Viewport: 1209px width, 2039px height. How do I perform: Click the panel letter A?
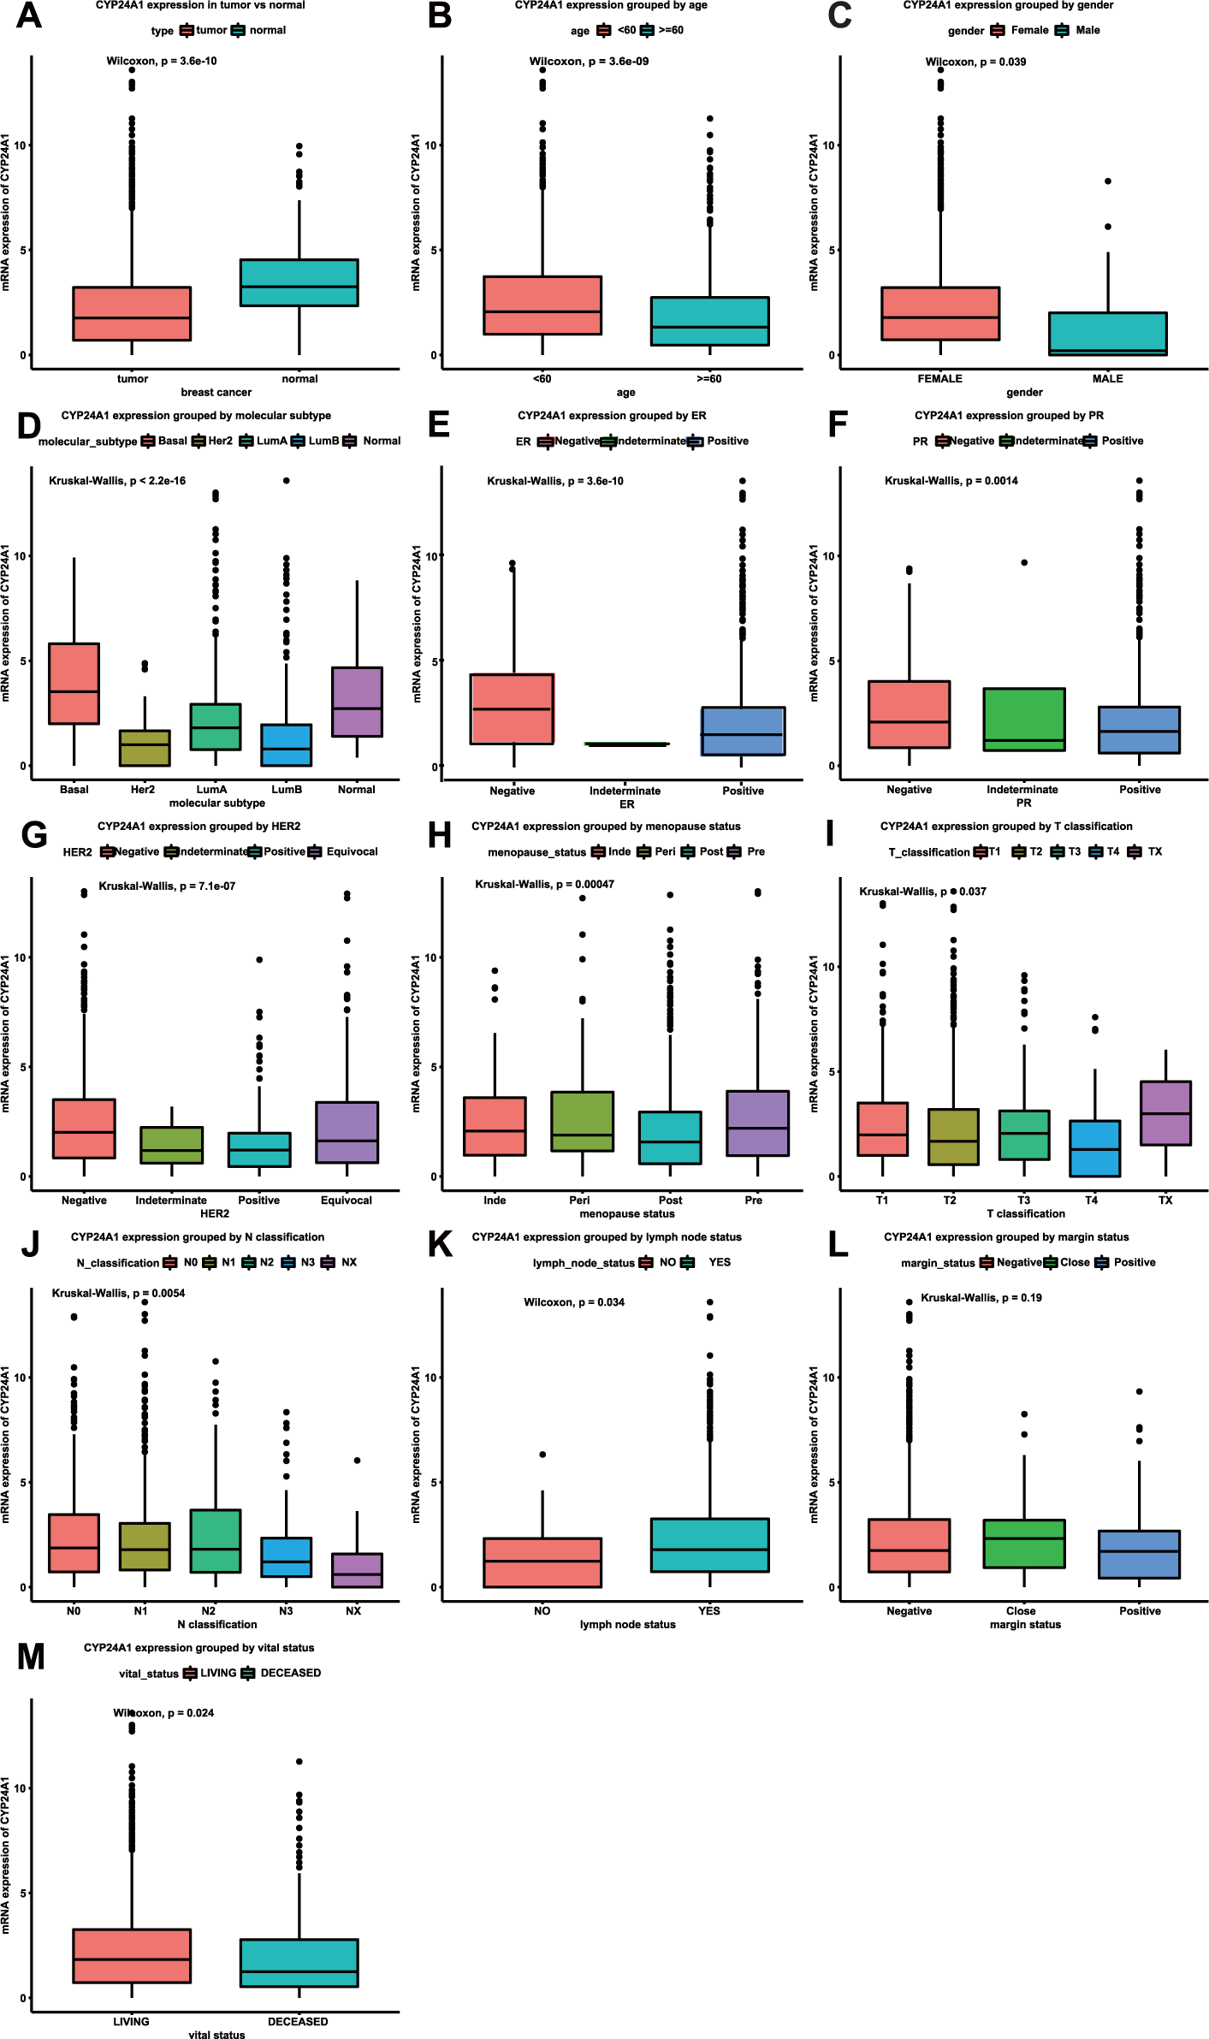[28, 15]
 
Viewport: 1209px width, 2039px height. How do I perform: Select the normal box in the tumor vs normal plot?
[299, 282]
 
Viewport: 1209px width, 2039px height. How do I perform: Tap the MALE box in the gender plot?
[1107, 334]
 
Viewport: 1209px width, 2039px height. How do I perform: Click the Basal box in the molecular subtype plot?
[74, 683]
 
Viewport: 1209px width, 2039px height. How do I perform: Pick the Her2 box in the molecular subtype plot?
[144, 748]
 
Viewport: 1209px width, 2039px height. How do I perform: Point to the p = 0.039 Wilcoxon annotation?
[975, 62]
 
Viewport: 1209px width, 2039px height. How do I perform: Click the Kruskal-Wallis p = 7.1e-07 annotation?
[167, 886]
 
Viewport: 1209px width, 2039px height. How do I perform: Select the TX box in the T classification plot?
[1165, 1112]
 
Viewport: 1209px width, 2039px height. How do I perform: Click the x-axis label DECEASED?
[298, 2022]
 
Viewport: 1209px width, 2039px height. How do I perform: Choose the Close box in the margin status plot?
[1023, 1544]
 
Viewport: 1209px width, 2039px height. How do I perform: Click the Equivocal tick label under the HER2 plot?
[346, 1200]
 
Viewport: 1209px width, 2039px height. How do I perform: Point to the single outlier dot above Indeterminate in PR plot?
[1024, 562]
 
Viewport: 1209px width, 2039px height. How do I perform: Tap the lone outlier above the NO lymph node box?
[542, 1455]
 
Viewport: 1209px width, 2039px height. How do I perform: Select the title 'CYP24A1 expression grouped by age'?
[611, 5]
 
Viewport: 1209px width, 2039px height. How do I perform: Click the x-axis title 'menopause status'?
[627, 1213]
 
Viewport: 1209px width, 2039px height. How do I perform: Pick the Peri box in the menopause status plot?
[582, 1121]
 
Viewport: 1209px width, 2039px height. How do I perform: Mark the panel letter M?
[31, 1658]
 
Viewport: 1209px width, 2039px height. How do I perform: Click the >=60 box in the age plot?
[709, 321]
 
